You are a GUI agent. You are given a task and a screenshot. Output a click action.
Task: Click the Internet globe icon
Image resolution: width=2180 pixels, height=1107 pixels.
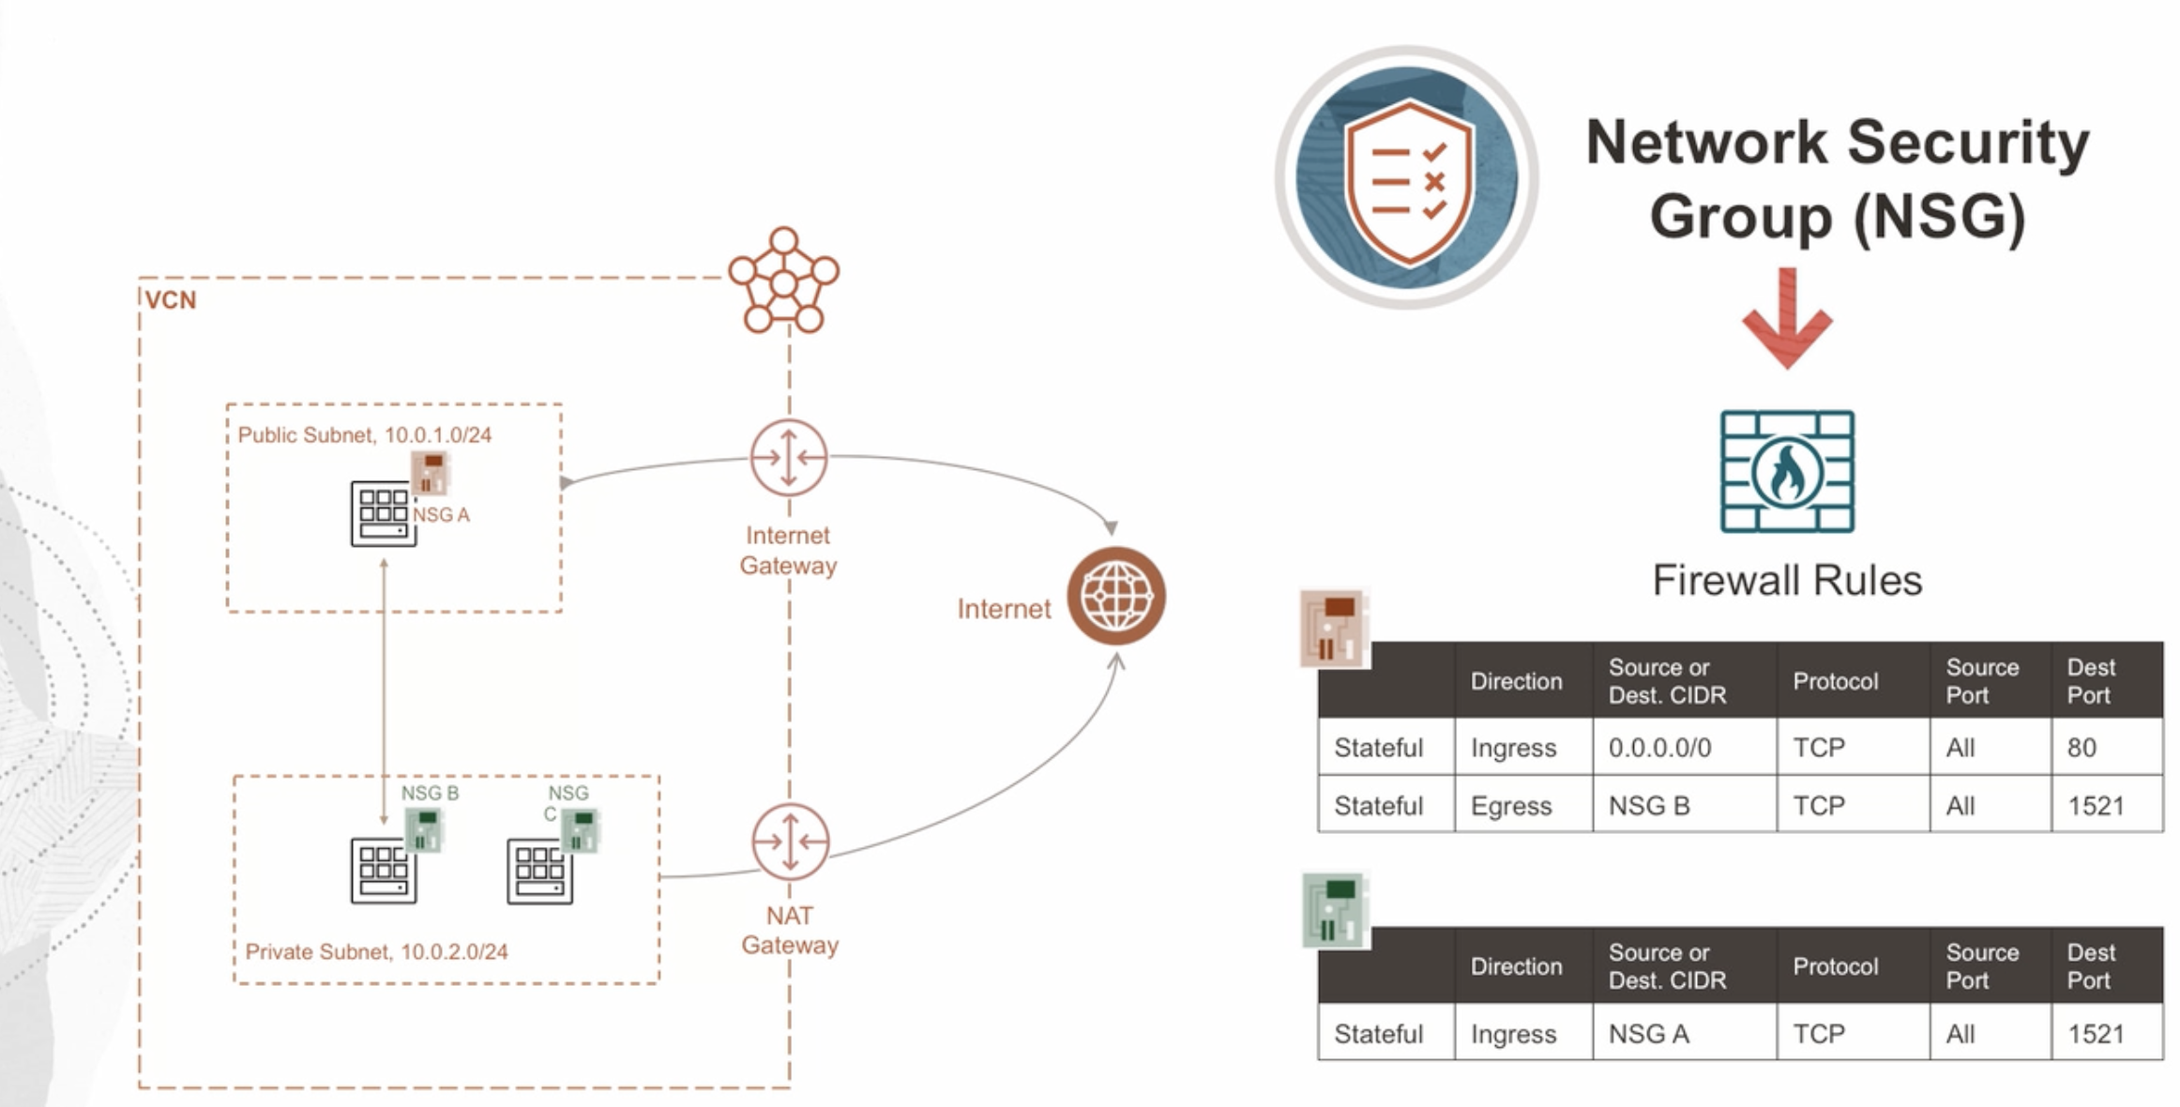pyautogui.click(x=1115, y=596)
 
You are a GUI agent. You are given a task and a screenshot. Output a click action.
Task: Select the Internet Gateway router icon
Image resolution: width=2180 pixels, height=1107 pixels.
pyautogui.click(x=789, y=458)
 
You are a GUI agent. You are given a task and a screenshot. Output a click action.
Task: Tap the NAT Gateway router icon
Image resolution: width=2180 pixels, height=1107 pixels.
pyautogui.click(x=790, y=842)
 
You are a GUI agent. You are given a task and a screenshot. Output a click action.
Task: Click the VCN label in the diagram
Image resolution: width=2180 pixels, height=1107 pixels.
pyautogui.click(x=171, y=300)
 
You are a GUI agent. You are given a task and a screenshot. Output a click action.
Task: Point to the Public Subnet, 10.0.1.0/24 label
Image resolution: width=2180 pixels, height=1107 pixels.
pyautogui.click(x=364, y=435)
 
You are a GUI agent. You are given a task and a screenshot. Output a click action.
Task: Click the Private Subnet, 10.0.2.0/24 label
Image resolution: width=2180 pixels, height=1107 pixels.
pyautogui.click(x=376, y=951)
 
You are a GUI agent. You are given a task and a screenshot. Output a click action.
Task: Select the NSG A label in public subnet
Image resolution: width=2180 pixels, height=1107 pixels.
pyautogui.click(x=441, y=515)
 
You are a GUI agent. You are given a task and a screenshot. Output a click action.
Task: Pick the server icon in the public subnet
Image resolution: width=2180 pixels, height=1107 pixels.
pyautogui.click(x=383, y=513)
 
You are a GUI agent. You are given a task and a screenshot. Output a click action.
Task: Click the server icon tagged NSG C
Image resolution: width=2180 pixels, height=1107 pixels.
pyautogui.click(x=539, y=872)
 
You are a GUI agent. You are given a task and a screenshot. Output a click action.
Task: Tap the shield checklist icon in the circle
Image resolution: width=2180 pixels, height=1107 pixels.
pyautogui.click(x=1406, y=177)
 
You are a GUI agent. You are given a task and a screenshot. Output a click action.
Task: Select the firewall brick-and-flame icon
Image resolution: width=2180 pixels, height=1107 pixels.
pyautogui.click(x=1787, y=471)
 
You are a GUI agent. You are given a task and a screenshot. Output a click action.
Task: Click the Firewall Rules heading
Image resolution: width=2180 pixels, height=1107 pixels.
pyautogui.click(x=1787, y=581)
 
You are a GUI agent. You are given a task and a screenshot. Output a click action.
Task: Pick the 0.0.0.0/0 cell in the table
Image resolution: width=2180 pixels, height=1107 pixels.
pyautogui.click(x=1659, y=748)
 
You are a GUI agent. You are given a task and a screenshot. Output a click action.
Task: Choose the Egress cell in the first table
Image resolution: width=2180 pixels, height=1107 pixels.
pyautogui.click(x=1511, y=806)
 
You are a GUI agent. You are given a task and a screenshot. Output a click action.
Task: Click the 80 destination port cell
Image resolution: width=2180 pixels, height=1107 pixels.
pyautogui.click(x=2082, y=748)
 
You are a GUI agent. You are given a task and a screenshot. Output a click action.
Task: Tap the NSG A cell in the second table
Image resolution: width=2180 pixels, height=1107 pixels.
pyautogui.click(x=1648, y=1034)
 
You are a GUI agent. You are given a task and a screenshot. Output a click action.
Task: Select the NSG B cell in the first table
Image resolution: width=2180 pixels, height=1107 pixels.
pyautogui.click(x=1648, y=806)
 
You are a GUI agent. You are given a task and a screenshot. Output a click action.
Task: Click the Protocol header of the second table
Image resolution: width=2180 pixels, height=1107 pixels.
pyautogui.click(x=1835, y=966)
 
